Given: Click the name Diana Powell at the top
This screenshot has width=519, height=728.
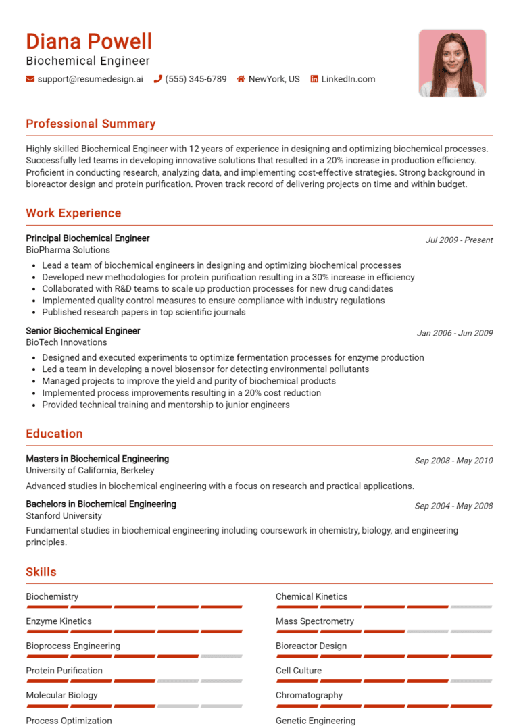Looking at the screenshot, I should [89, 42].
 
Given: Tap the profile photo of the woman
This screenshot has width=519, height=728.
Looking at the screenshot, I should [451, 63].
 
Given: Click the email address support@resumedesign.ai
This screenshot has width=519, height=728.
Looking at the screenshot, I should [91, 79].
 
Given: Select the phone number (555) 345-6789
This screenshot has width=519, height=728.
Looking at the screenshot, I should [195, 79].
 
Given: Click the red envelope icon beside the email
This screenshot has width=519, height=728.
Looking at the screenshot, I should [30, 79].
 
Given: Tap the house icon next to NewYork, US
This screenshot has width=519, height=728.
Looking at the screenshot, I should [241, 79].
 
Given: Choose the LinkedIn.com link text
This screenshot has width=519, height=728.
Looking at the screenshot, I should [348, 79].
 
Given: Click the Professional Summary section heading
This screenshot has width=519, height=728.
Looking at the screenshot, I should [91, 124].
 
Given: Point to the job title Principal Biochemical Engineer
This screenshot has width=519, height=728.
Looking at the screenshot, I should [88, 238].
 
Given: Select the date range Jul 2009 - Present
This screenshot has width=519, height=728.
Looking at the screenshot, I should [459, 240].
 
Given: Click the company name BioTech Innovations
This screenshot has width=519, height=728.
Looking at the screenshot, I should [66, 342].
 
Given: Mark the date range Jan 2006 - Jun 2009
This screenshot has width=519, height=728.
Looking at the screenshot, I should [455, 332].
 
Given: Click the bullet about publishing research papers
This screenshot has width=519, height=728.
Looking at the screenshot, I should [143, 312].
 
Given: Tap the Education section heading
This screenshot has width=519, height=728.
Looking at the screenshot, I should [54, 434].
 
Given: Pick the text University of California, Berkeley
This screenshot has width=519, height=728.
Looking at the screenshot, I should [90, 470].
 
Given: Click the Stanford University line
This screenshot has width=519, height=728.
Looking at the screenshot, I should [64, 516].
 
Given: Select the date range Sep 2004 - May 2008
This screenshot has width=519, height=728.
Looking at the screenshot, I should [453, 506].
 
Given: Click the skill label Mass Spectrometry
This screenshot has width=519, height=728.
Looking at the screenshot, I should [314, 621].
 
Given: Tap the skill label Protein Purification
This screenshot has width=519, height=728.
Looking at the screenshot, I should [64, 671].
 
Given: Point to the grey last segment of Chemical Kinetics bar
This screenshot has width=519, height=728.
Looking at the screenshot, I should [471, 607].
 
